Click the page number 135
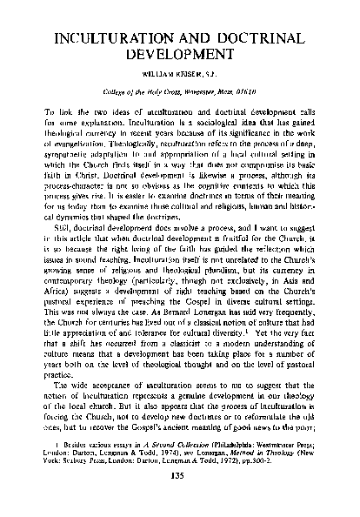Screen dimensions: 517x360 point(179,500)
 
